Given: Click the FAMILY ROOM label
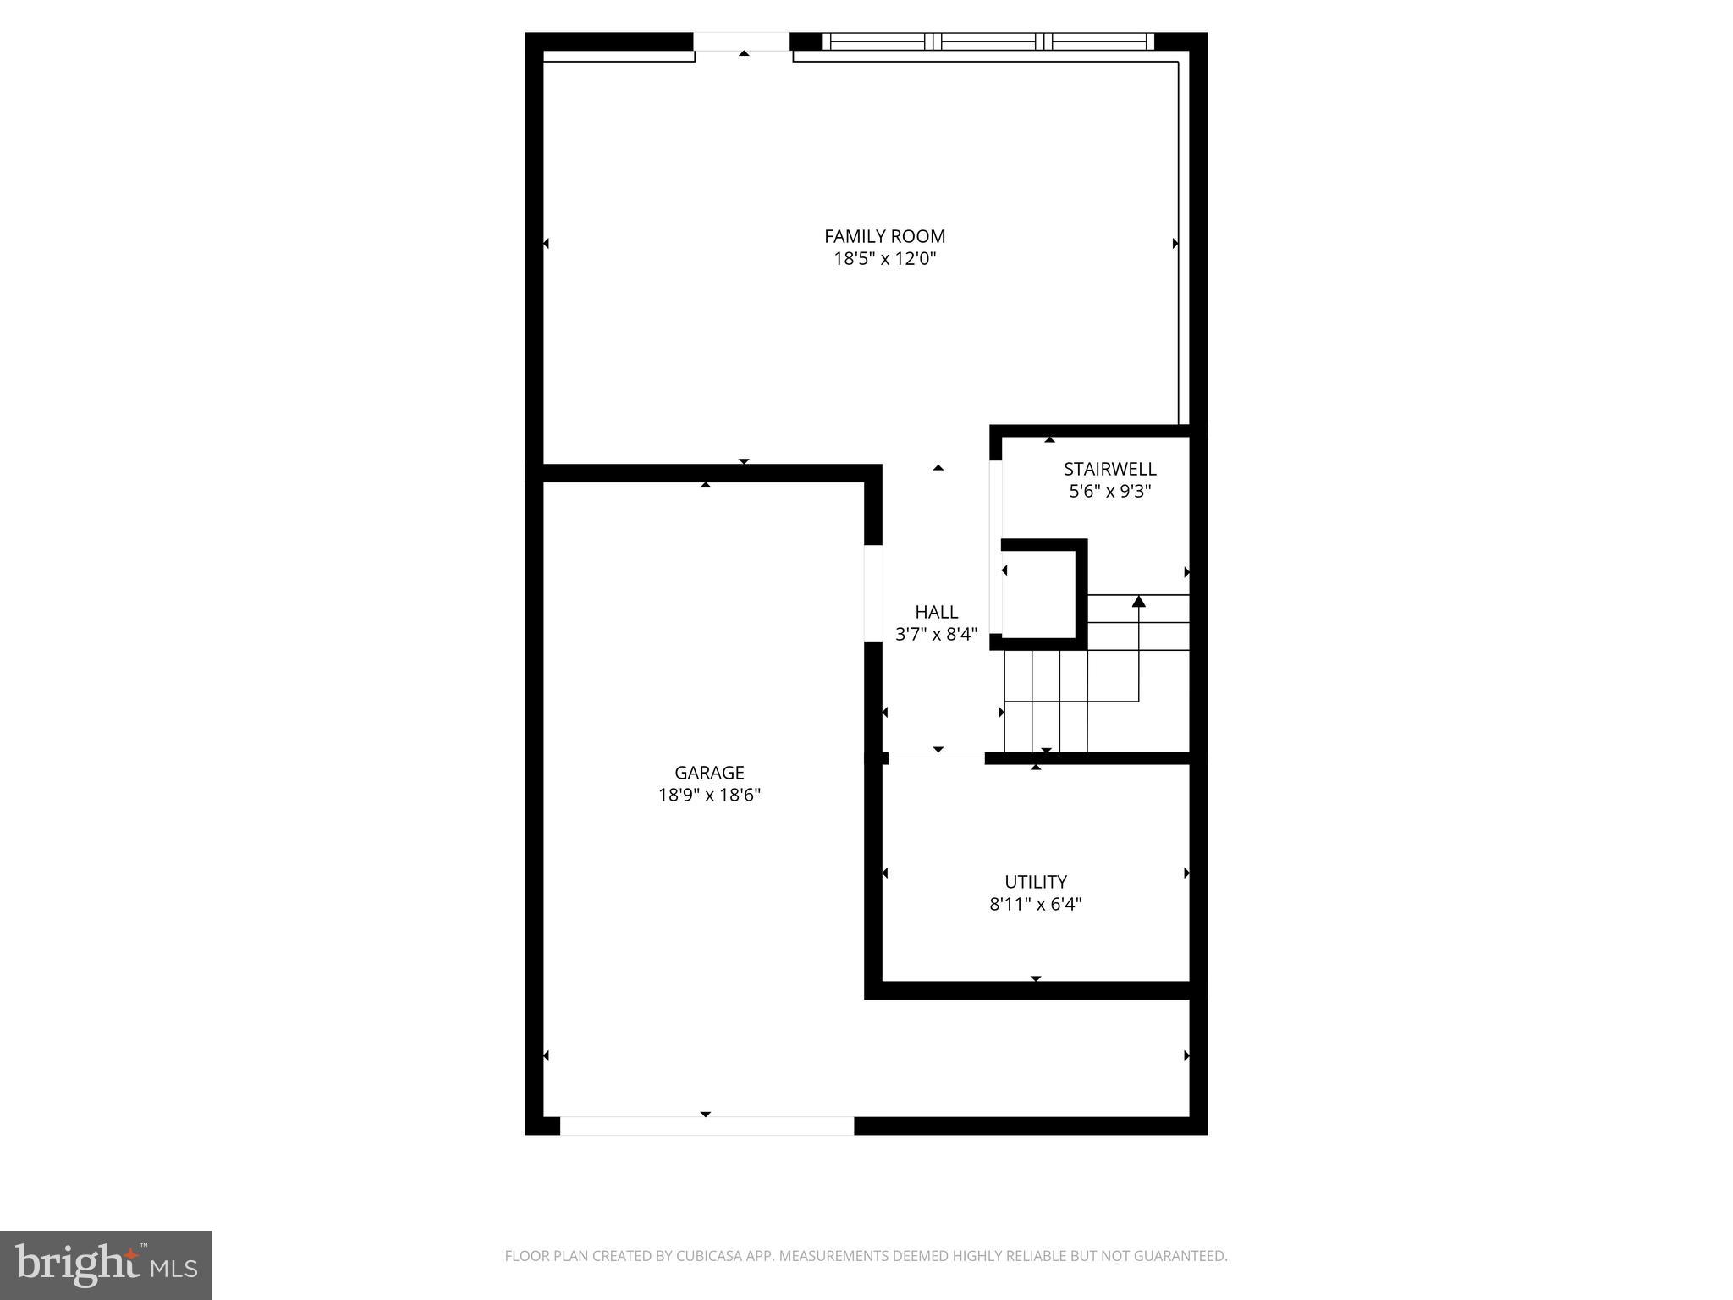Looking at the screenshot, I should coord(884,237).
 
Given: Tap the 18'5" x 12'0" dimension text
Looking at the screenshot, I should coord(884,259).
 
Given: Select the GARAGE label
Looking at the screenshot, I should coord(709,773).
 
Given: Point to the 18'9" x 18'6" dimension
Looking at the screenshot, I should coord(709,796).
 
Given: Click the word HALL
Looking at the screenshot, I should coord(936,612).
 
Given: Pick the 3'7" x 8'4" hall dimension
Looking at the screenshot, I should coord(936,634).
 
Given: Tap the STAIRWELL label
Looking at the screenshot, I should coord(1109,469).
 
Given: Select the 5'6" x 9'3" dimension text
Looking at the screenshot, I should coord(1109,491).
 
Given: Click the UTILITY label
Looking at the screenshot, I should coord(1035,882).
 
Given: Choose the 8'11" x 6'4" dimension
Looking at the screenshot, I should coord(1035,904).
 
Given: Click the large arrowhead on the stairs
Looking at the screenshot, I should coord(1138,602).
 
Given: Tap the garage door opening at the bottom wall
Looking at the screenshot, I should coord(707,1126).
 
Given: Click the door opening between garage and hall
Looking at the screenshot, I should coord(872,592).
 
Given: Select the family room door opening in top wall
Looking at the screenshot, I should coord(742,42).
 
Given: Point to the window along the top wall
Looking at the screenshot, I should coord(988,41).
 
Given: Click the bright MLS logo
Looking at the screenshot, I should coord(106,1264).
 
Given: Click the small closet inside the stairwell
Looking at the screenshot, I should coord(1038,592).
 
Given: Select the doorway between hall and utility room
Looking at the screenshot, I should coord(937,757).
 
